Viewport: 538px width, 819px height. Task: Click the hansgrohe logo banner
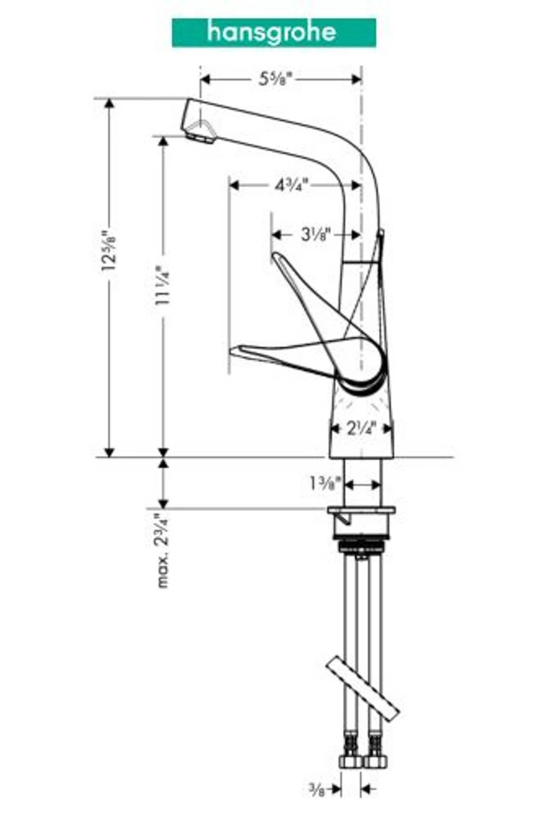(273, 33)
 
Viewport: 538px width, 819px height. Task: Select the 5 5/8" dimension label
(275, 79)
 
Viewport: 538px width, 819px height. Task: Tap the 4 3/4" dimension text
(291, 186)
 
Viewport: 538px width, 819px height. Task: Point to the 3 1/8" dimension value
(315, 235)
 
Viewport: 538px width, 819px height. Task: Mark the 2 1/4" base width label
(361, 427)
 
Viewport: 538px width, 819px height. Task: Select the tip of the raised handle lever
(277, 257)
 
